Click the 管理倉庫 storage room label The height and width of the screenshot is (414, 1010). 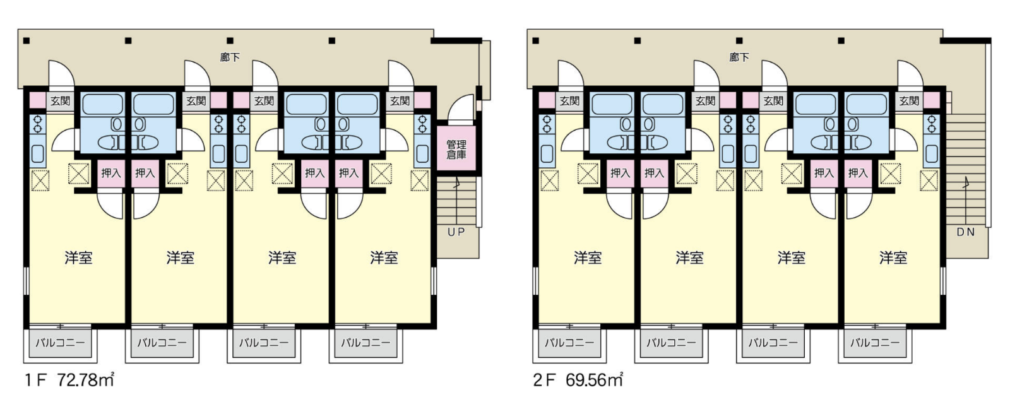[456, 150]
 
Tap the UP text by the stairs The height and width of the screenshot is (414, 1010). [456, 232]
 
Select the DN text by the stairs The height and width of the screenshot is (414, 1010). [965, 232]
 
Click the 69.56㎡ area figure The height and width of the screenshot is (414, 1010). [595, 380]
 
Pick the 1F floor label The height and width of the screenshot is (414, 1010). [35, 380]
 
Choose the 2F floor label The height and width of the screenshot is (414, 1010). [544, 380]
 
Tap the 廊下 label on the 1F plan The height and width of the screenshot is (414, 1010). [230, 57]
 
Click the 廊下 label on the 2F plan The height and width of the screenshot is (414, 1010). [739, 57]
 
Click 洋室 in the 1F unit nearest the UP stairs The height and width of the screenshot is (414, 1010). [384, 258]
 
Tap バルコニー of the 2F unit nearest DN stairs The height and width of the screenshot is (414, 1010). [875, 343]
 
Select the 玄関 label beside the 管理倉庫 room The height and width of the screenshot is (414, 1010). [400, 101]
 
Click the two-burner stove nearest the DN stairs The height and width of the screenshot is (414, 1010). [932, 124]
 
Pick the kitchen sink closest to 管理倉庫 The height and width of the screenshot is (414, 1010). [422, 154]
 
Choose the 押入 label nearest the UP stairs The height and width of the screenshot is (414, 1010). [348, 173]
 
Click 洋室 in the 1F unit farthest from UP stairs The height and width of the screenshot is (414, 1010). [78, 258]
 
